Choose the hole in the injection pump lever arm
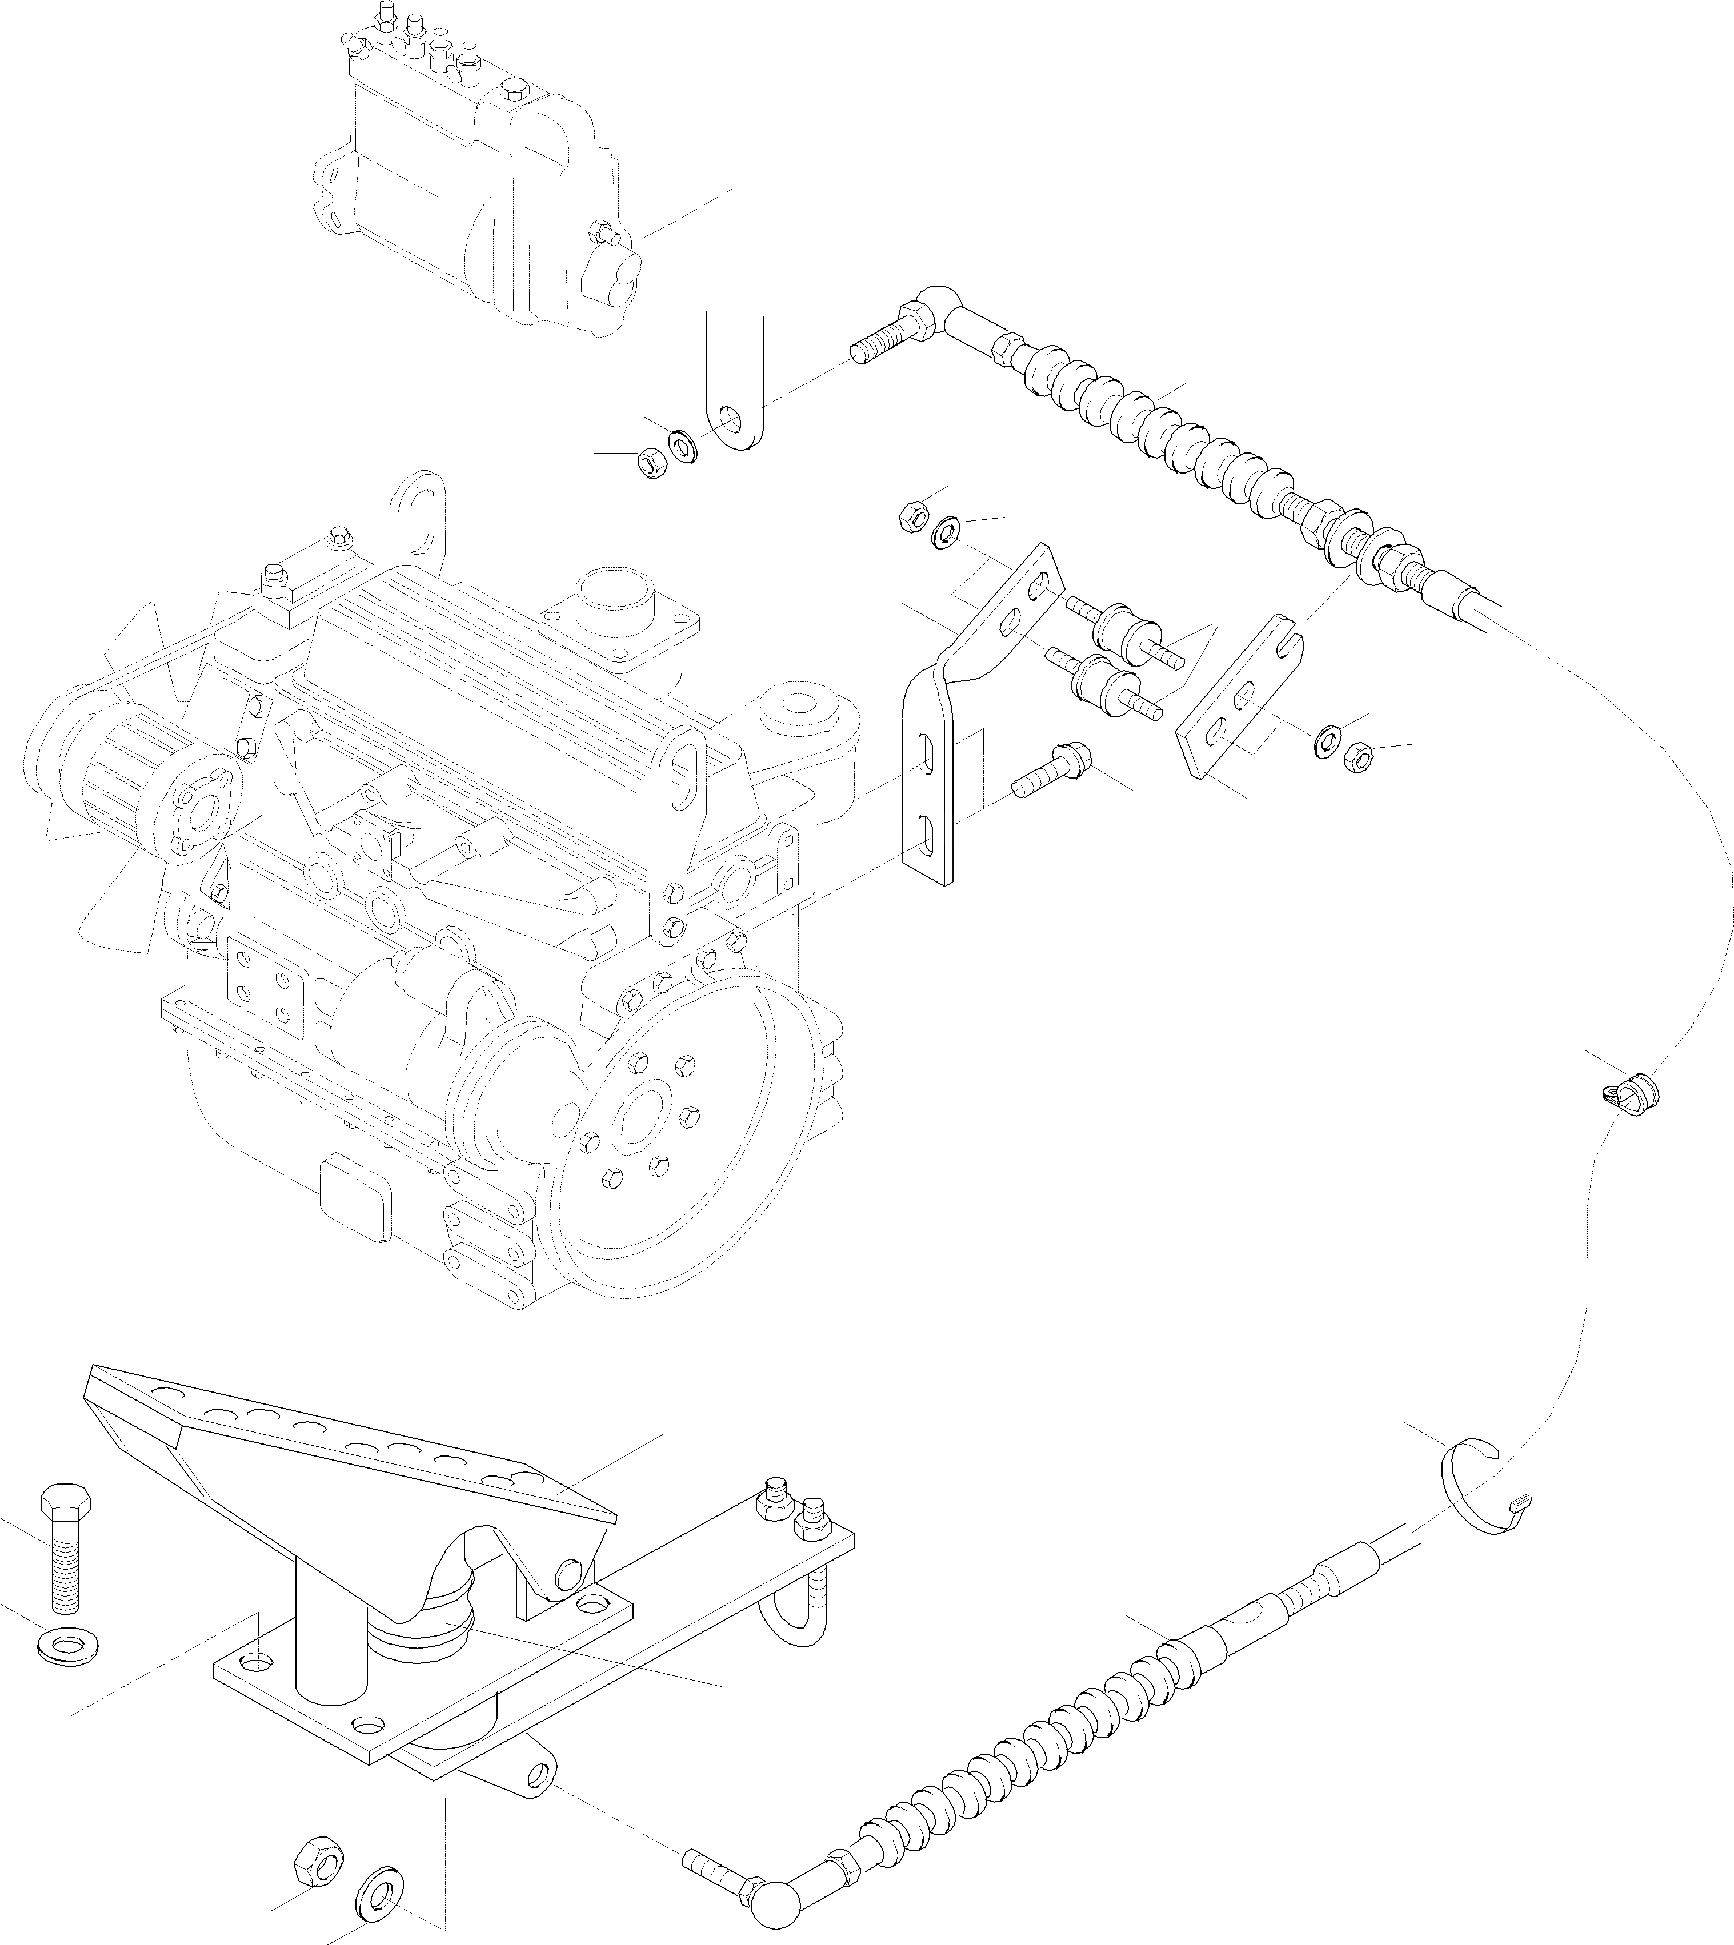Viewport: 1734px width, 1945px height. pyautogui.click(x=732, y=419)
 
